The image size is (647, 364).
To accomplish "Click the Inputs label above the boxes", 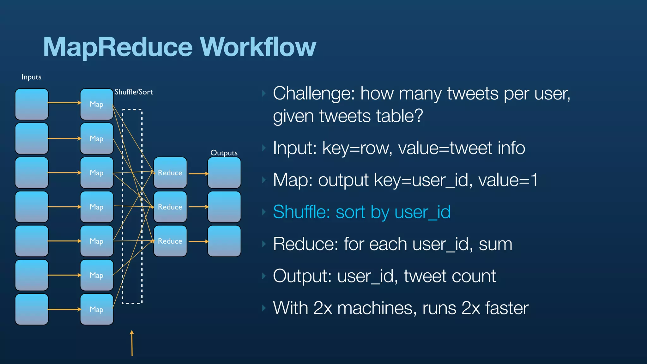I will [31, 77].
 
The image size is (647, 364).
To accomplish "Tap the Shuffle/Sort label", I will [134, 92].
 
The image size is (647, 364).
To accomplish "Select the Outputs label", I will [224, 153].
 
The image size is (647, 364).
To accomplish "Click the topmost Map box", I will [97, 104].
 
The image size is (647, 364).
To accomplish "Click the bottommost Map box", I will [97, 309].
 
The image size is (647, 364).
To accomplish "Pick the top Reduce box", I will [170, 173].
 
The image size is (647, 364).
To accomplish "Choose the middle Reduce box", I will [170, 207].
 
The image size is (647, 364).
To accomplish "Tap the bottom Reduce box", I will [170, 241].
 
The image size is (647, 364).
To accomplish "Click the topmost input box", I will [32, 104].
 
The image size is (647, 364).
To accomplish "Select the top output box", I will [224, 173].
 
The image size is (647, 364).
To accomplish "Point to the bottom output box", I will [224, 241].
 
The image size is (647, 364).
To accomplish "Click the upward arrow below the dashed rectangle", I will [132, 343].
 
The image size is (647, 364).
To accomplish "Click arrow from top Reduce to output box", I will [198, 173].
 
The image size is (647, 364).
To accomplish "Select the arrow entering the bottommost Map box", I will [64, 309].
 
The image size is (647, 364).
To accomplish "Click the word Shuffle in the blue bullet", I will [301, 212].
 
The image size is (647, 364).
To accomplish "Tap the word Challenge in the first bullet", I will [314, 94].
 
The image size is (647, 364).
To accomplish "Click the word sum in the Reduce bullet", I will [495, 244].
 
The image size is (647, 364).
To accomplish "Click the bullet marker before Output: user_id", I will [264, 276].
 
